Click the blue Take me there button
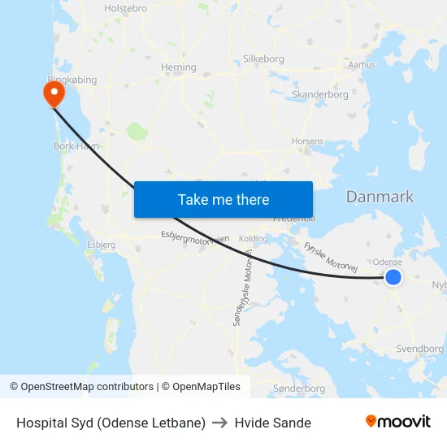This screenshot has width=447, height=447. (223, 199)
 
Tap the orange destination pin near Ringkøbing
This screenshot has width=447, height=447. (54, 93)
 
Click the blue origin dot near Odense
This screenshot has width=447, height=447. (393, 277)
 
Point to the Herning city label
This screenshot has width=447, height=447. (179, 67)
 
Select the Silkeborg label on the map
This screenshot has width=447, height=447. (263, 59)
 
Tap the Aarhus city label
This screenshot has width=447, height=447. (362, 64)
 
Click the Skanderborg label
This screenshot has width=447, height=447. (320, 94)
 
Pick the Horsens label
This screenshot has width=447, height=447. (307, 141)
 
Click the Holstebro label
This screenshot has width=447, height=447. (125, 8)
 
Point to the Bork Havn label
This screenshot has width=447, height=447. (76, 146)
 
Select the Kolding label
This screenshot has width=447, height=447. (253, 239)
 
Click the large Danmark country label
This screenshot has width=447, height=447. (380, 197)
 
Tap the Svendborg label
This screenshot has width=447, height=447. (419, 349)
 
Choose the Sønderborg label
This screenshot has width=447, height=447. (299, 388)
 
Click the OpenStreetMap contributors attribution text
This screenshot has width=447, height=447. (81, 387)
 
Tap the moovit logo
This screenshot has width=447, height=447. (397, 422)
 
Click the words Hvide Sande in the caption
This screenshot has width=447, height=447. (272, 423)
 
